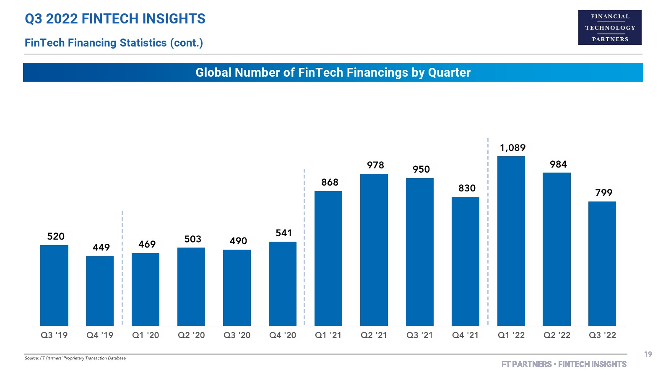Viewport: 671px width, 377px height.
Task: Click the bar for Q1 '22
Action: pyautogui.click(x=511, y=241)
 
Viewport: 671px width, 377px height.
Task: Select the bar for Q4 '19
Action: pyautogui.click(x=100, y=291)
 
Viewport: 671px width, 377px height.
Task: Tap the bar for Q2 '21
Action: pyautogui.click(x=374, y=250)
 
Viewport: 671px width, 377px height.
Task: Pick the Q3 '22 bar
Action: pyautogui.click(x=602, y=263)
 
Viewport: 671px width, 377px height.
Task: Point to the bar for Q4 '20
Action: pyautogui.click(x=282, y=284)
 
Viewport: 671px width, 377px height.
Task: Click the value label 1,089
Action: pyautogui.click(x=512, y=148)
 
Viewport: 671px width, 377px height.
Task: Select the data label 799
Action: pyautogui.click(x=603, y=193)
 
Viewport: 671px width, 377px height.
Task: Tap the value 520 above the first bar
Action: pyautogui.click(x=56, y=237)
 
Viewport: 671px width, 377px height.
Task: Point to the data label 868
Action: pyautogui.click(x=330, y=182)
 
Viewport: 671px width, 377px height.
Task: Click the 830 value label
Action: pyautogui.click(x=467, y=188)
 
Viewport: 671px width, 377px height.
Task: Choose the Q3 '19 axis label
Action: pyautogui.click(x=54, y=335)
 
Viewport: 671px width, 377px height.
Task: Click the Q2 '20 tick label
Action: pyautogui.click(x=191, y=335)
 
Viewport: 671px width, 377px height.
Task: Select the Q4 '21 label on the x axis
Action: pyautogui.click(x=465, y=335)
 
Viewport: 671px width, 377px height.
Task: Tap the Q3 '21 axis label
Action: pyautogui.click(x=419, y=335)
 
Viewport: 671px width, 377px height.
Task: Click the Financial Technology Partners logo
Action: pyautogui.click(x=610, y=28)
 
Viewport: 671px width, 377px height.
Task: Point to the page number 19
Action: pyautogui.click(x=648, y=354)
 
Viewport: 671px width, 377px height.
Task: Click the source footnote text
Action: pyautogui.click(x=75, y=358)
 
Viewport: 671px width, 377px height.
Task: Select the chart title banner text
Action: pyautogui.click(x=333, y=72)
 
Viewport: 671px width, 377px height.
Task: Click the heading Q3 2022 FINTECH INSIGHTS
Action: pyautogui.click(x=115, y=19)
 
